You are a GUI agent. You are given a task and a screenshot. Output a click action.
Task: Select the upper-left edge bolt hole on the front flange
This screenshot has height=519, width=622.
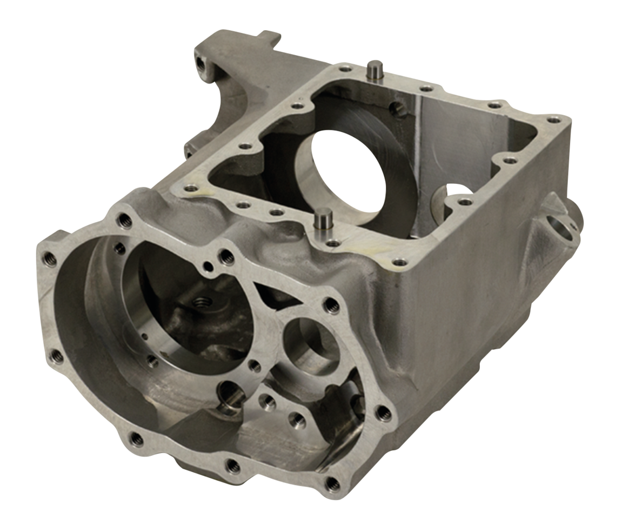[x=49, y=258]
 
